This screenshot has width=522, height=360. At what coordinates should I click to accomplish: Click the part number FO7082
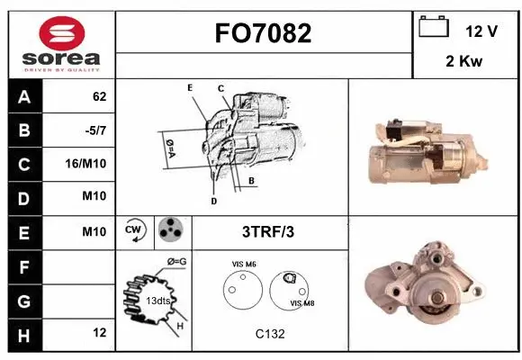[x=263, y=33]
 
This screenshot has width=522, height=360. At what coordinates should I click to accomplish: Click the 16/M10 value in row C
[x=89, y=165]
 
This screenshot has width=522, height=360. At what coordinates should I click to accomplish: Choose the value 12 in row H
[x=99, y=333]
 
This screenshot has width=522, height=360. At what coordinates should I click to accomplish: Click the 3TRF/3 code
[x=267, y=231]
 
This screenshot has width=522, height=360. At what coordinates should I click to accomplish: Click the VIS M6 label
[x=245, y=264]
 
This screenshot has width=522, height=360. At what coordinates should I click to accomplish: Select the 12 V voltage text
[x=481, y=31]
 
